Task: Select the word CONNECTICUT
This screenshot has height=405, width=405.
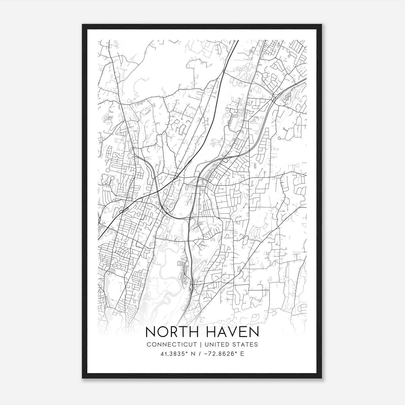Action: [172, 345]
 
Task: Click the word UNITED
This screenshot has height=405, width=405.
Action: [216, 345]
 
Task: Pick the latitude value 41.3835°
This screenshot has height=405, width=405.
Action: [172, 354]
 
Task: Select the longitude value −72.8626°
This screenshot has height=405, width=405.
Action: [222, 354]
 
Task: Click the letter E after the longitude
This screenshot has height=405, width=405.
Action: [242, 354]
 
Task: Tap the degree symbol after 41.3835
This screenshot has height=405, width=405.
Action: [186, 352]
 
